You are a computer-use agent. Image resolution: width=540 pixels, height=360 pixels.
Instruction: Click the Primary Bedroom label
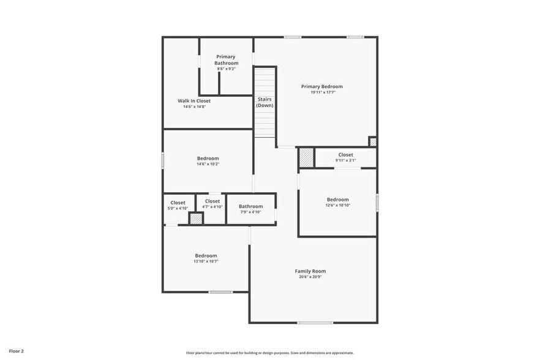pos(321,87)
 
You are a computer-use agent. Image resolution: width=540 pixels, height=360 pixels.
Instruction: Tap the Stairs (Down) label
pos(264,102)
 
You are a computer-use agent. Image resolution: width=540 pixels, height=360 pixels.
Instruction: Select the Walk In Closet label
pos(194,100)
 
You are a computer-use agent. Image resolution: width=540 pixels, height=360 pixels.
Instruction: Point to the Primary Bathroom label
pos(226,60)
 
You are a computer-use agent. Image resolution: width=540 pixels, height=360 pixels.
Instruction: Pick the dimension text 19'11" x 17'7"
pos(321,93)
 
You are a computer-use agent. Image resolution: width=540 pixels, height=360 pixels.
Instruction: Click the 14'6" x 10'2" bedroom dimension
pos(208,164)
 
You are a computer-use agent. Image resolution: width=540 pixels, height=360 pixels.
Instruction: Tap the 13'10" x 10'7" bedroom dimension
pos(206,261)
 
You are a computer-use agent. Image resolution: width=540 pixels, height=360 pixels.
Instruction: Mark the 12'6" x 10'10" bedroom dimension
pos(337,205)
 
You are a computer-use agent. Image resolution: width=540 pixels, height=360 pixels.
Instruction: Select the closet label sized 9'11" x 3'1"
pos(345,155)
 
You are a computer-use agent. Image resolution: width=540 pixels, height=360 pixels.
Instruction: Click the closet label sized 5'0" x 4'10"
pos(178,203)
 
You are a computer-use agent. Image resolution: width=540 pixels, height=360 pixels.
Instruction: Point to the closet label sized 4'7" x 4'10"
pos(212,201)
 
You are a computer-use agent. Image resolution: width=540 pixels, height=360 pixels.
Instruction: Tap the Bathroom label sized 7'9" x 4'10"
pos(250,206)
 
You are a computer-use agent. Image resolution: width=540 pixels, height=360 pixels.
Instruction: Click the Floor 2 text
pos(17,351)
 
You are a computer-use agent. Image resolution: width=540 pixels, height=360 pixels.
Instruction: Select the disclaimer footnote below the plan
pos(269,353)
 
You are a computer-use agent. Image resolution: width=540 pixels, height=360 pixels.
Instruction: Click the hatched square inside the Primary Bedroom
pos(373,141)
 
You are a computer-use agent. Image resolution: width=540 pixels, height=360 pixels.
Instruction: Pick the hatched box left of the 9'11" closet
pos(306,157)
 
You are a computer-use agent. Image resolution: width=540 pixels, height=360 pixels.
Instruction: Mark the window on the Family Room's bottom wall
pos(315,323)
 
